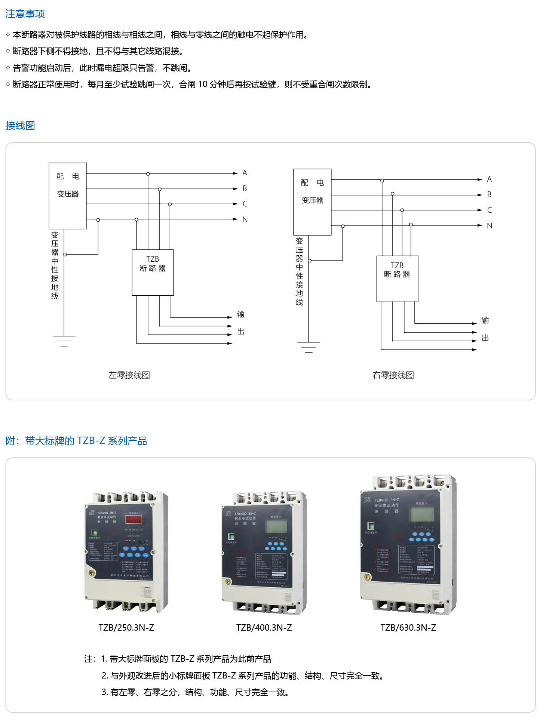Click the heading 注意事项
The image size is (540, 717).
(x=25, y=14)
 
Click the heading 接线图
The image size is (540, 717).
(x=20, y=126)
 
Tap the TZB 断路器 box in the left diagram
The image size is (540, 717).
(x=153, y=272)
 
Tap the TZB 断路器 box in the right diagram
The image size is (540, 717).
(x=397, y=279)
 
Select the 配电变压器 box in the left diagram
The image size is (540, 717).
(x=68, y=196)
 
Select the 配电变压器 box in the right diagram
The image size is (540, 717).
(x=312, y=202)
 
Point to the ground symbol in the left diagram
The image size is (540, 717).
(x=64, y=341)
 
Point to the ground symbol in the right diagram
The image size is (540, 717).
(x=309, y=347)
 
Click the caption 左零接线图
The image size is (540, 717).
(x=129, y=375)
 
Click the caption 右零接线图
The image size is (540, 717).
(x=393, y=375)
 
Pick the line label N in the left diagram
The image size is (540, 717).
(x=245, y=219)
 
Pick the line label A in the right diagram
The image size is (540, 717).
(x=489, y=179)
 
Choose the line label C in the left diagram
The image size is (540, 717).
(x=245, y=204)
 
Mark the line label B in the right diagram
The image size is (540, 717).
(x=489, y=194)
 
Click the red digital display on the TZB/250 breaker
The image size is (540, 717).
(x=134, y=519)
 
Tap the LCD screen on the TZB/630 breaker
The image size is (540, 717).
(x=422, y=514)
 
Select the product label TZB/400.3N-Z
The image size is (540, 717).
(x=264, y=628)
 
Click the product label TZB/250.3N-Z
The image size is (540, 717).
(x=126, y=628)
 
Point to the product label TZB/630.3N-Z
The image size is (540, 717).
(x=408, y=628)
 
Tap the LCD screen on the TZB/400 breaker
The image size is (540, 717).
(x=276, y=526)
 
